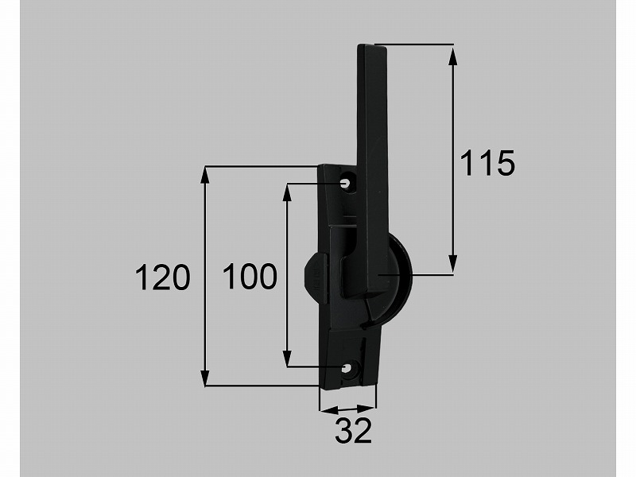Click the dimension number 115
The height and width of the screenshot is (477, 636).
pyautogui.click(x=487, y=163)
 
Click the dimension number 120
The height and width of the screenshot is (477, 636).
pyautogui.click(x=162, y=277)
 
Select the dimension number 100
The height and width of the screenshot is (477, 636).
pyautogui.click(x=250, y=277)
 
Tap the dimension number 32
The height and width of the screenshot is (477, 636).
pyautogui.click(x=353, y=431)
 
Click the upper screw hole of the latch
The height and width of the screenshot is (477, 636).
pyautogui.click(x=346, y=184)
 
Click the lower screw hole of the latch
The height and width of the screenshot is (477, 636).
pyautogui.click(x=347, y=368)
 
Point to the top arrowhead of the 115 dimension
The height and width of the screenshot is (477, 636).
pyautogui.click(x=452, y=56)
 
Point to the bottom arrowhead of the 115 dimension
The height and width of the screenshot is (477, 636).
pyautogui.click(x=452, y=264)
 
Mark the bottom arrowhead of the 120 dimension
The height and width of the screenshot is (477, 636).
pyautogui.click(x=205, y=375)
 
